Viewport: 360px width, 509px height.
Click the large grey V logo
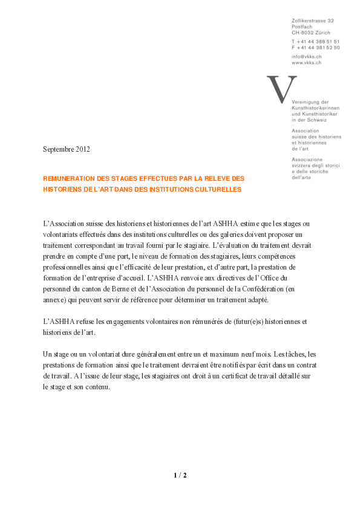pos(282,88)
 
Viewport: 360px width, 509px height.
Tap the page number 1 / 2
pos(180,476)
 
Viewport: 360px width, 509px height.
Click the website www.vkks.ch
pos(306,62)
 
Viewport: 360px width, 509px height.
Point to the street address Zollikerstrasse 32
pos(312,21)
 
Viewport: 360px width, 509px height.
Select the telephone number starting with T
pos(315,41)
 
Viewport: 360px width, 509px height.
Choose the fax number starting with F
pos(315,47)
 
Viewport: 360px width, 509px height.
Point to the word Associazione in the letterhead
pos(309,160)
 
